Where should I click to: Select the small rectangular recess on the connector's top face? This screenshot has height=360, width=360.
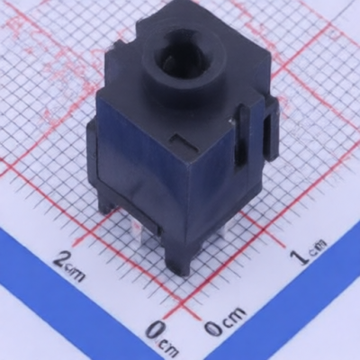pos(184,142)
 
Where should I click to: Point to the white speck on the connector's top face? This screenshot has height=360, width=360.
pos(231,121)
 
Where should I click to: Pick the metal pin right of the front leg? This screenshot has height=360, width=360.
pos(222,230)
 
